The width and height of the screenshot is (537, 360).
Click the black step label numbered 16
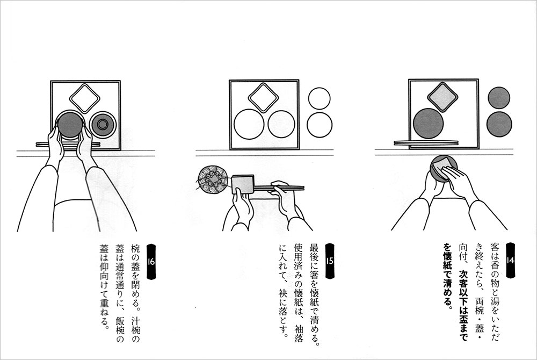[x=151, y=261]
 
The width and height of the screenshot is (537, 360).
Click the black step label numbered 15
[x=330, y=261]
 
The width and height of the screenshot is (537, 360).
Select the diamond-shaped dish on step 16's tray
[x=85, y=98]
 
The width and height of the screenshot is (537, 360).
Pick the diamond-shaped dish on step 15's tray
[x=263, y=98]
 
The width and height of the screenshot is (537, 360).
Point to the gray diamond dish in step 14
[x=442, y=97]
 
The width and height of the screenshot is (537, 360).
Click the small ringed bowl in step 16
[x=103, y=124]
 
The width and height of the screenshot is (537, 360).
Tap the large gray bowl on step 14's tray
[x=429, y=124]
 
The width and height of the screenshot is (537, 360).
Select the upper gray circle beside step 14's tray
[x=499, y=98]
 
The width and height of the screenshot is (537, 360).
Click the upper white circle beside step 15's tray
[x=319, y=98]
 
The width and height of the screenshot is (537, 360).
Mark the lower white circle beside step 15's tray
[x=320, y=125]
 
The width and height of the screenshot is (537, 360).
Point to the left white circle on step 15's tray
[x=249, y=124]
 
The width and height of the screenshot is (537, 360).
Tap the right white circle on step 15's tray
[x=281, y=124]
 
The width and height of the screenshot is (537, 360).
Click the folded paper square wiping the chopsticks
[x=243, y=184]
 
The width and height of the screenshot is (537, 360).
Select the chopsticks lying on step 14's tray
[x=426, y=143]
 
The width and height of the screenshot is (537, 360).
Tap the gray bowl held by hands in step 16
[x=70, y=125]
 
